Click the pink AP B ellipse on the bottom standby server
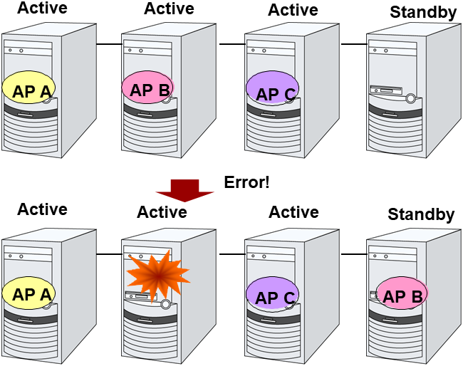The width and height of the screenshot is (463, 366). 402,295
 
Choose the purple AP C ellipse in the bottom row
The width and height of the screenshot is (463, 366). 272,295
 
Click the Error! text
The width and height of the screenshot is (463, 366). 246,182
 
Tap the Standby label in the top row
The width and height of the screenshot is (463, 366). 423,12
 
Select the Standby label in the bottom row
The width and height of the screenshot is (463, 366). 421,214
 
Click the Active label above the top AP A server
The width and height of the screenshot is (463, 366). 42,9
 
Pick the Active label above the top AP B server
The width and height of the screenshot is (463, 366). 169,9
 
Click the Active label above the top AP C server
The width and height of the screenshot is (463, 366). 293,10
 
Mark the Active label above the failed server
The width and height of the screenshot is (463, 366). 162,212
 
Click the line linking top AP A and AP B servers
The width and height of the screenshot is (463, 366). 109,44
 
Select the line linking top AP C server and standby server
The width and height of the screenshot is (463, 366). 353,44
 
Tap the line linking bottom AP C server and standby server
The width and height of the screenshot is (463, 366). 353,253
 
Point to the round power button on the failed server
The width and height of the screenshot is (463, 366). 166,304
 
